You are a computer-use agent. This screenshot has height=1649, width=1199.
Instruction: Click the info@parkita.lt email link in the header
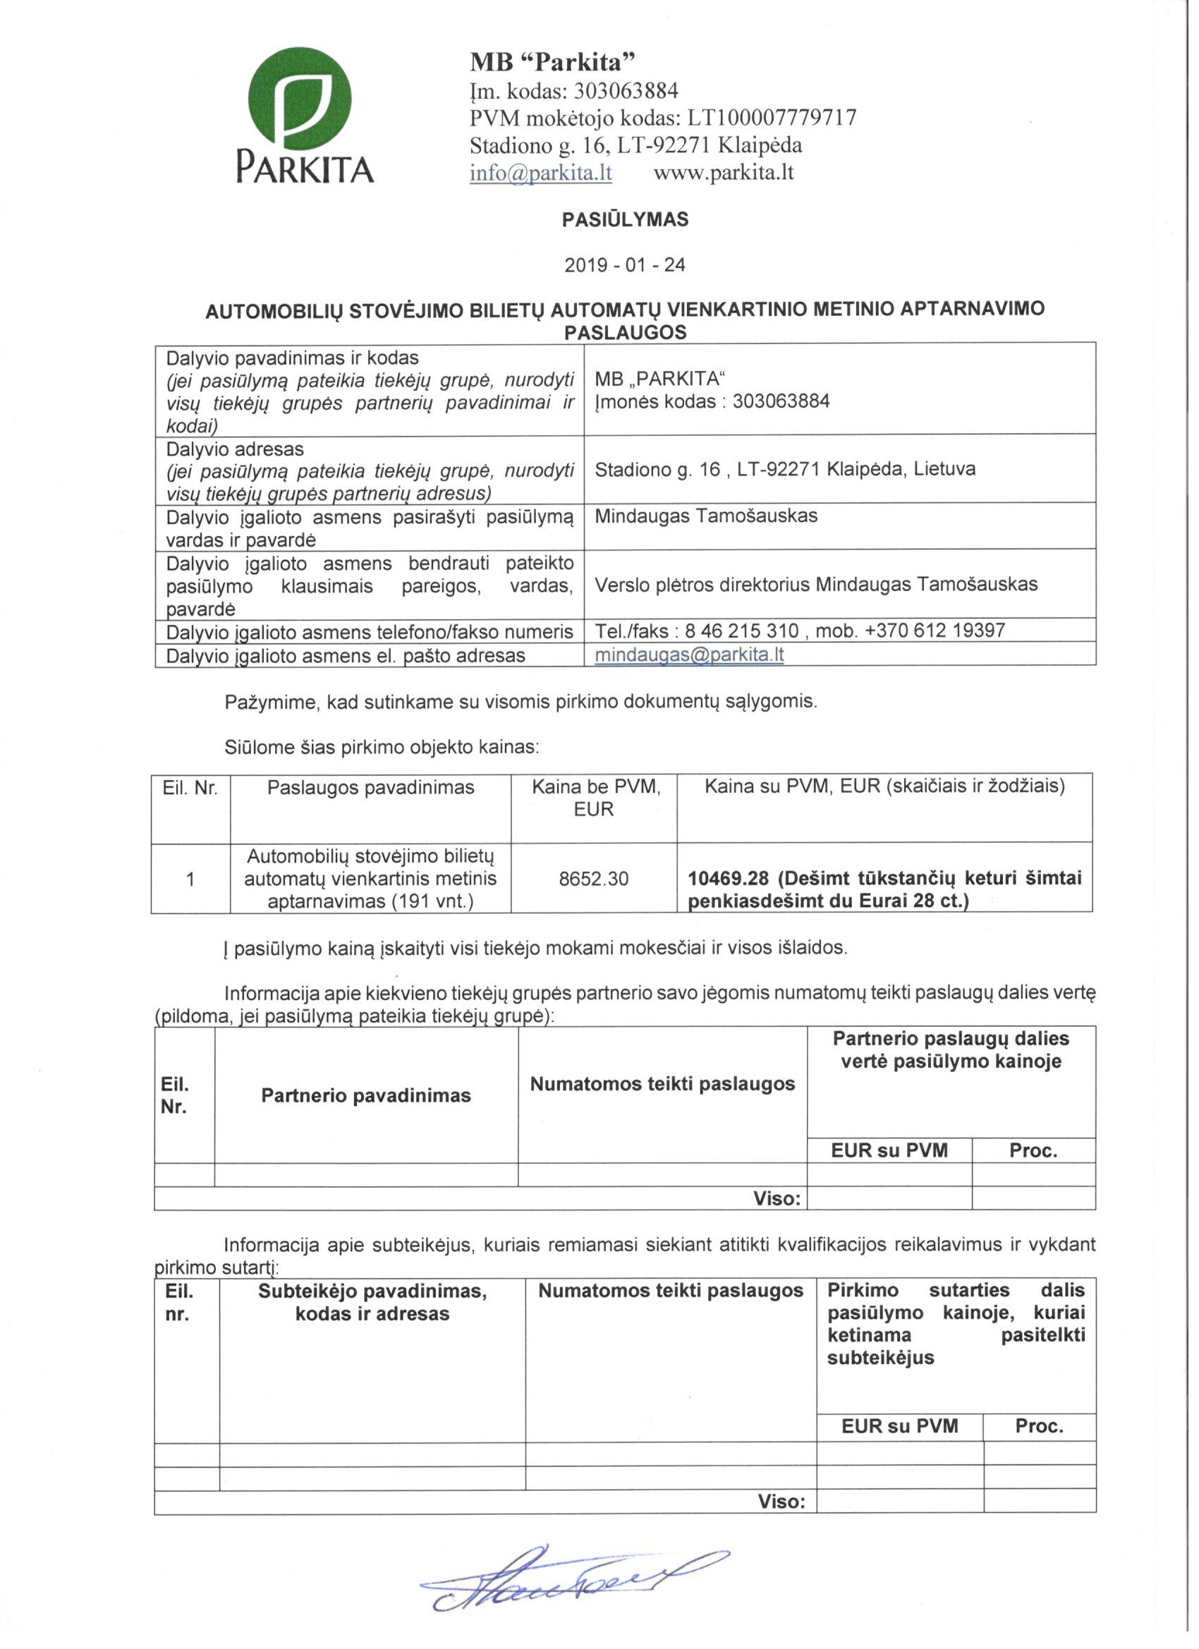coord(540,173)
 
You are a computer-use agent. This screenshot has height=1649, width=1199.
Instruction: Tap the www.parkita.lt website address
coord(724,173)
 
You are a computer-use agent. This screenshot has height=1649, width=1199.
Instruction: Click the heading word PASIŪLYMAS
coord(625,219)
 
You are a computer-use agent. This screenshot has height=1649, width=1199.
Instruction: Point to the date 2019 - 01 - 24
coord(625,264)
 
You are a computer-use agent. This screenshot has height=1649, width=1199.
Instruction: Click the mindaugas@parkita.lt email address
coord(688,655)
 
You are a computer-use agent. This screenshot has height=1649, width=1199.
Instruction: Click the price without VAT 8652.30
coord(593,879)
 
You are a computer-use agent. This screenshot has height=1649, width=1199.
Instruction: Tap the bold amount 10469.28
coord(728,878)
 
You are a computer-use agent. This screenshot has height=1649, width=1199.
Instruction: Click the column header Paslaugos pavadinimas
coord(370,787)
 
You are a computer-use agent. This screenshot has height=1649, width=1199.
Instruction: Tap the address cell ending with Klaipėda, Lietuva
coord(784,469)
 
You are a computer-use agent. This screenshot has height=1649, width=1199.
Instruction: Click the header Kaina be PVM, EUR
coord(593,798)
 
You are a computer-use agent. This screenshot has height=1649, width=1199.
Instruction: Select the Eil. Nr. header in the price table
coord(190,787)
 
